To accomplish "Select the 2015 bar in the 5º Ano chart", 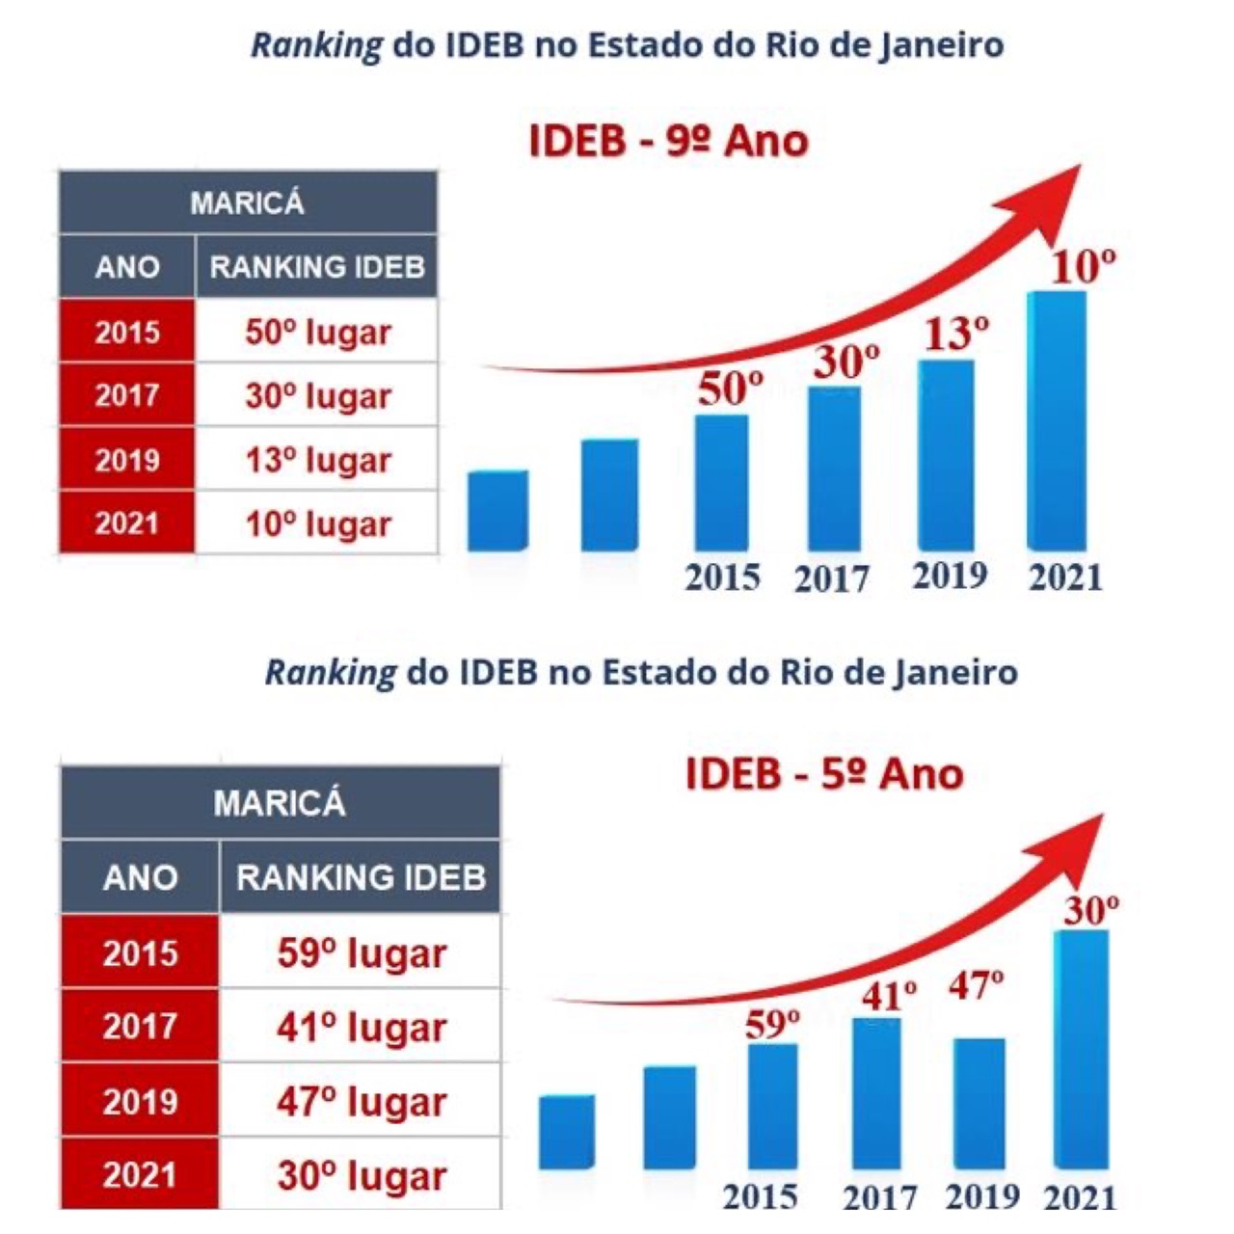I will coord(772,1105).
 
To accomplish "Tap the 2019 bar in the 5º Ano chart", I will coord(979,1103).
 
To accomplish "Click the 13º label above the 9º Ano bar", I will coord(956,333).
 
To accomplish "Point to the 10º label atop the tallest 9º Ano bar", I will coord(1083,266).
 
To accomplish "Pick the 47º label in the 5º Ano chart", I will coord(976,985).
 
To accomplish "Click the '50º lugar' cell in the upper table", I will coord(317,333).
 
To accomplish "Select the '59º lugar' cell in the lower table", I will coord(362,952).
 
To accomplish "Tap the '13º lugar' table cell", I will coord(317,460).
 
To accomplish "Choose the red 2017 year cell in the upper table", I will coord(126,395).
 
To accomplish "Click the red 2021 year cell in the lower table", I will coord(140,1174).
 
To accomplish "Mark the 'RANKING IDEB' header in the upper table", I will coord(317,266).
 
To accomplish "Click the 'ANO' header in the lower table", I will coord(140,877).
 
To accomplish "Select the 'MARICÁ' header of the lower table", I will coord(280,803).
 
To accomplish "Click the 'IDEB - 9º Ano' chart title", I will coord(668,141).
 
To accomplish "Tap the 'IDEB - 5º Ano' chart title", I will coord(824,773).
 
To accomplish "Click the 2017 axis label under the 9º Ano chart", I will coord(831,578).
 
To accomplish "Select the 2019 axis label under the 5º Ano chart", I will coord(981,1196).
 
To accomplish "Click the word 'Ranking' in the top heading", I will coord(316,45).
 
